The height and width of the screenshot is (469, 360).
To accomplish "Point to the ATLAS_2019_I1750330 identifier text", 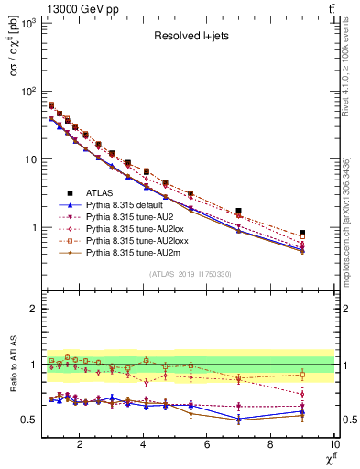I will [189, 274].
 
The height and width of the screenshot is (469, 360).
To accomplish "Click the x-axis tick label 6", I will [206, 446].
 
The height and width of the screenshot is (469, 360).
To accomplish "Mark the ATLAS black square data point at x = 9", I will [301, 234].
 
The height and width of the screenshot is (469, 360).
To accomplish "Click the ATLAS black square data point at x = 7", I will [238, 211].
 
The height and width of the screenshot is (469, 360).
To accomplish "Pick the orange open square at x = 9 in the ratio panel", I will [301, 375].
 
